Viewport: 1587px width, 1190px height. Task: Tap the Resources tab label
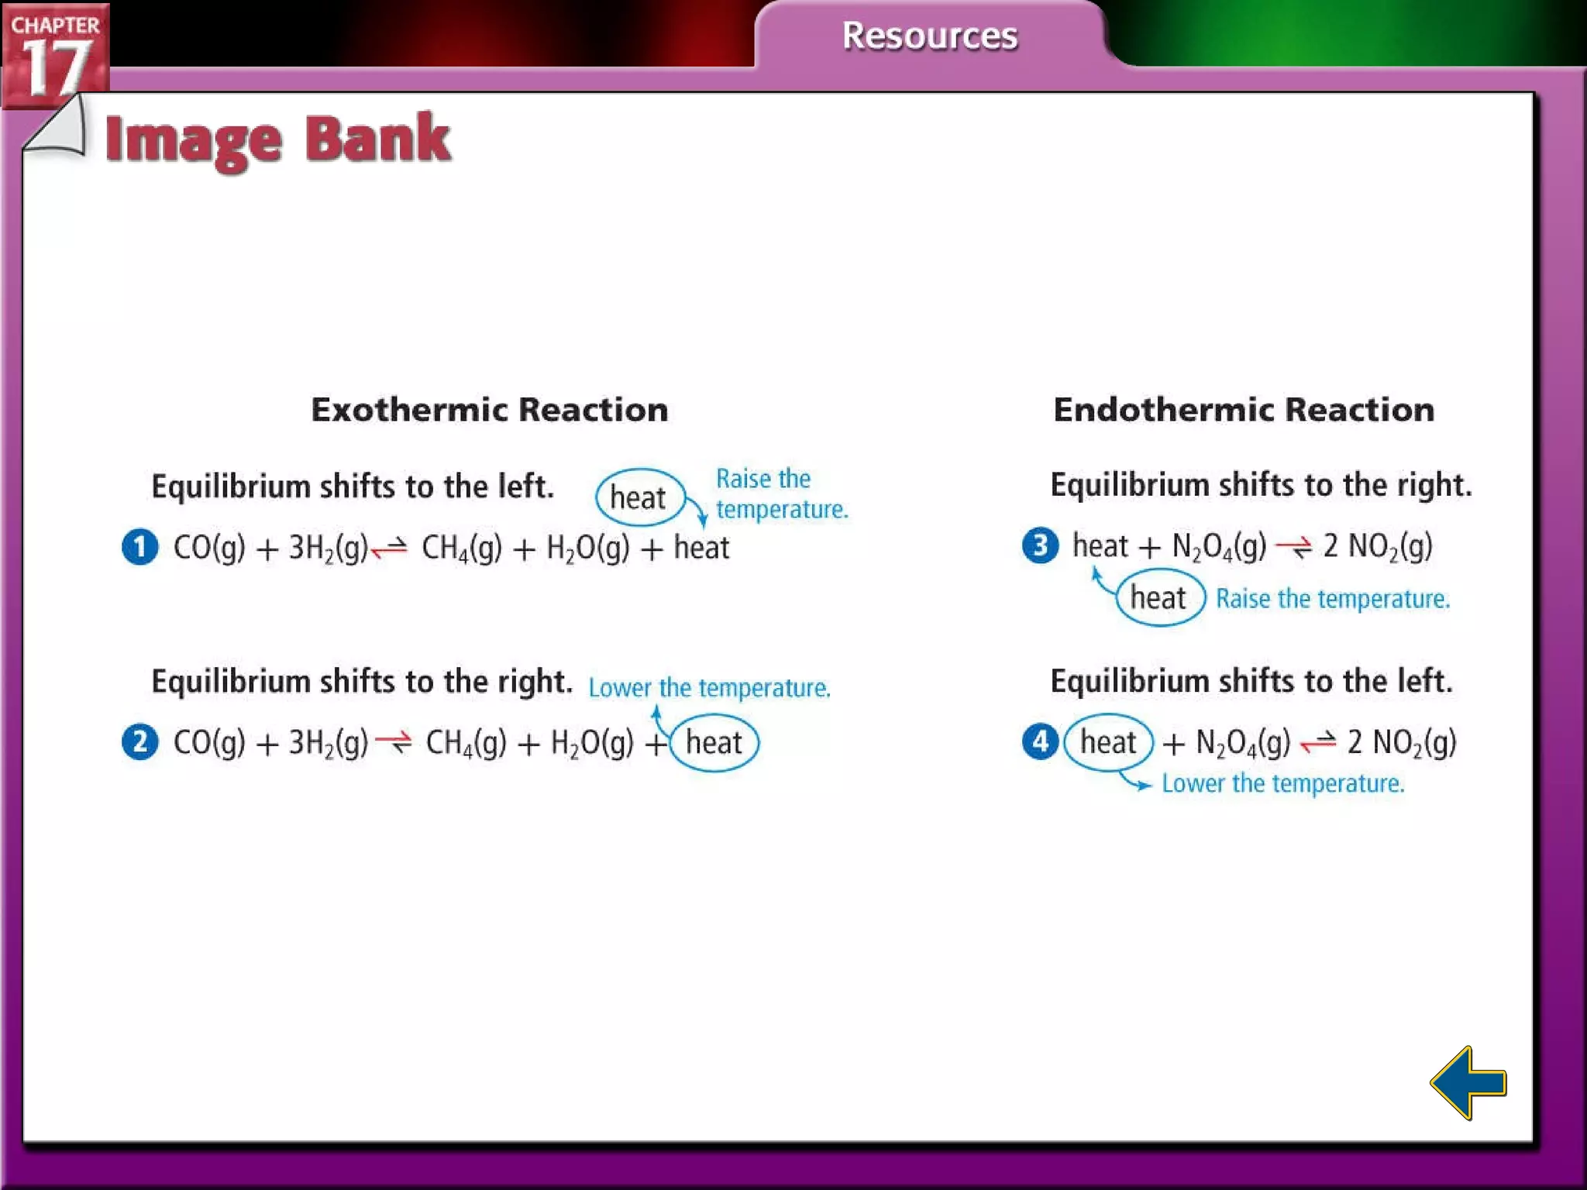[x=929, y=36]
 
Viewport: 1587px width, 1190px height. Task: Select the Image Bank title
[x=277, y=140]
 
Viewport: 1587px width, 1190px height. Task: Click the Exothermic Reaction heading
[x=489, y=410]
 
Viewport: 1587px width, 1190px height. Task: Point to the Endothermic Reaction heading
[x=1243, y=410]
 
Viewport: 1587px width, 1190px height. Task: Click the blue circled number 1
[x=140, y=547]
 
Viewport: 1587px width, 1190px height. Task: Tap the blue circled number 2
[x=140, y=742]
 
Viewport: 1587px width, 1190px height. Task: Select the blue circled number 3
[x=1040, y=545]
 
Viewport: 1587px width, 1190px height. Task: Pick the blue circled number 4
[x=1040, y=741]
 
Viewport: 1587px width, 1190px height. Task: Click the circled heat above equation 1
[x=639, y=497]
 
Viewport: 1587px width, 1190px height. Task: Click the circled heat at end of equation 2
[x=714, y=743]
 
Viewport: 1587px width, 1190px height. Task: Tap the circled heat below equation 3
[x=1159, y=598]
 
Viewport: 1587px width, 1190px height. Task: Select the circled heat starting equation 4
[x=1108, y=742]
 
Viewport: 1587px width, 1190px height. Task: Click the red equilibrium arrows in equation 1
[x=389, y=549]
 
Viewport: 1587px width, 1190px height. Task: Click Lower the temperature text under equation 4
[x=1282, y=783]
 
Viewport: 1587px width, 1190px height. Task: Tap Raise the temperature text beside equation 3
[x=1332, y=599]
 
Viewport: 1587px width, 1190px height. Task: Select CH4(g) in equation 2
[x=466, y=743]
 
